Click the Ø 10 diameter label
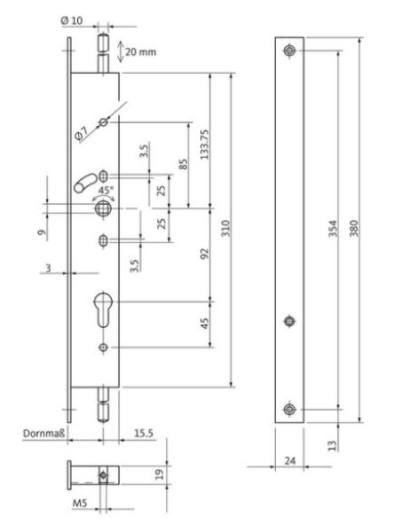tap(72, 20)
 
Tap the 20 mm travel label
tap(140, 52)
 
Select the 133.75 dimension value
tap(205, 145)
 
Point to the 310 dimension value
tap(226, 228)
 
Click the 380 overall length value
tap(354, 229)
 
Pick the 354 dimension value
tap(333, 229)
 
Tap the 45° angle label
tap(106, 190)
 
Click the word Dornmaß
tap(43, 434)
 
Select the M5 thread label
tap(80, 503)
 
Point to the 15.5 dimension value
tap(144, 434)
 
